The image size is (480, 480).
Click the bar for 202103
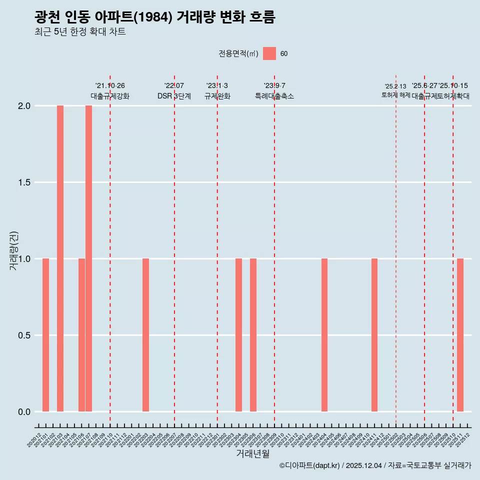pos(60,258)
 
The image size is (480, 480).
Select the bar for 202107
pos(88,258)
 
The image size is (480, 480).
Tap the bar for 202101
pos(45,335)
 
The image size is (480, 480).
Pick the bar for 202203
pos(145,335)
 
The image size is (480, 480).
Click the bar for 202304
pos(238,335)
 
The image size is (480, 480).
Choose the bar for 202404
pos(324,335)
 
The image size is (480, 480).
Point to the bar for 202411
pos(374,335)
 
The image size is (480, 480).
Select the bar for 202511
pos(460,335)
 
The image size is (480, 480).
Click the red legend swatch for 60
pos(269,53)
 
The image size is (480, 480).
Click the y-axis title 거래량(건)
pos(14,251)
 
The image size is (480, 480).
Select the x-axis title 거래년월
pos(253,454)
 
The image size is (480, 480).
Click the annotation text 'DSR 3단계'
pos(174,96)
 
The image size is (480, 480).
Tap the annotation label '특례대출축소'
pos(274,96)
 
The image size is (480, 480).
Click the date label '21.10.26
pos(110,86)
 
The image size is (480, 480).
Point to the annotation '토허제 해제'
pos(395,95)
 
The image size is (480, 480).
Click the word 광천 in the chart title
pos(48,17)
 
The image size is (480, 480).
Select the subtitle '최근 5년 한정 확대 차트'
pos(79,32)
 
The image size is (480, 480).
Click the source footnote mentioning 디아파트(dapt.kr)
pos(375,466)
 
